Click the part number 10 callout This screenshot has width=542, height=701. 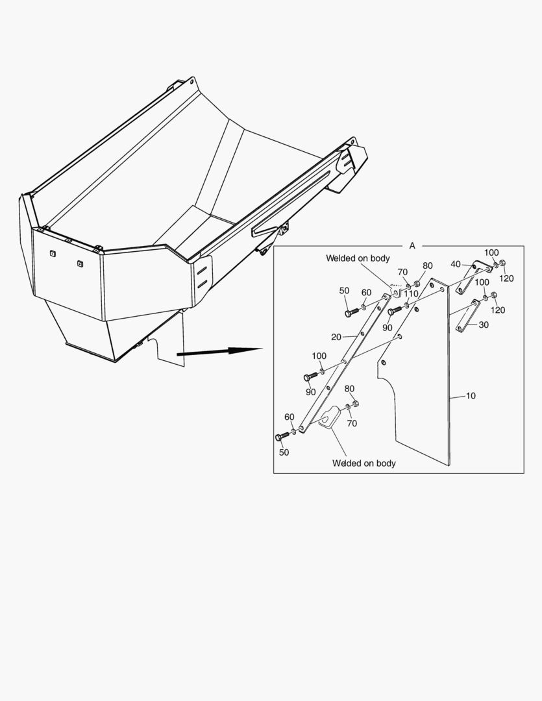471,395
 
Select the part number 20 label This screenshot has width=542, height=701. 336,337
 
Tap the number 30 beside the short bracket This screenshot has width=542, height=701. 484,325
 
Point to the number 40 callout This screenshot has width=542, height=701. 456,264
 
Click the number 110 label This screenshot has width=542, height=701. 411,293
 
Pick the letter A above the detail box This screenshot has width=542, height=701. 412,246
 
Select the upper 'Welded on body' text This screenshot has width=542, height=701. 358,258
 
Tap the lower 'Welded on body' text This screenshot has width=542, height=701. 363,463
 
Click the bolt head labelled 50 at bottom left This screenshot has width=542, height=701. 281,437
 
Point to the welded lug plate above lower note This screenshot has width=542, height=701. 332,417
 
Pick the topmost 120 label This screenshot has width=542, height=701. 506,278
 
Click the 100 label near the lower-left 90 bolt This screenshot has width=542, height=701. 319,356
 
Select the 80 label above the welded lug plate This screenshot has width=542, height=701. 350,389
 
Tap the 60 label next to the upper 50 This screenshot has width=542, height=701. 367,293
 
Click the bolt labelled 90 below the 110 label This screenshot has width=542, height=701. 392,312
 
